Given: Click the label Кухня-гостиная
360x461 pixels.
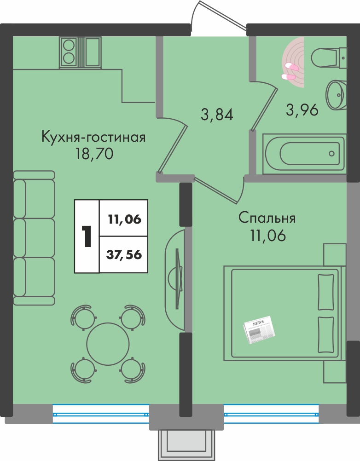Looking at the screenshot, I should [93, 137].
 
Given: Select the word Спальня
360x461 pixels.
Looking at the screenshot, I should [267, 218].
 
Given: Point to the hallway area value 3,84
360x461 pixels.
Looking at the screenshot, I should [217, 114].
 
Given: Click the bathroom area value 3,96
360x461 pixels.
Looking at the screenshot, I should [302, 110].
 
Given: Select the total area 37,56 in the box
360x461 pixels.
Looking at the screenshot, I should [124, 254].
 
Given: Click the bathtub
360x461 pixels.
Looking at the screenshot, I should [304, 154].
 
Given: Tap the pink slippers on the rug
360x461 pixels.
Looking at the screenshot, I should [290, 72].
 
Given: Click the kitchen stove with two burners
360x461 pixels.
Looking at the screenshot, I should [69, 52].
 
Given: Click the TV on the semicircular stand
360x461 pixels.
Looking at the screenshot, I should [177, 278].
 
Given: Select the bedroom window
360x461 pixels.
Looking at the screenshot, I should [271, 414].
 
